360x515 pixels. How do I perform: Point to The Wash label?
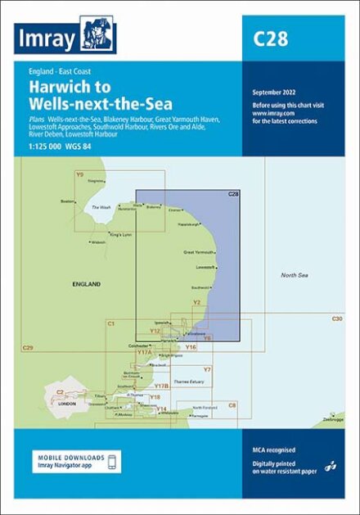coord(101,208)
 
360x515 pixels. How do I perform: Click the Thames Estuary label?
coord(178,382)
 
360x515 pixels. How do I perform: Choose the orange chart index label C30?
coord(336,318)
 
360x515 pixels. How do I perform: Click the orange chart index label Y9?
coord(79,174)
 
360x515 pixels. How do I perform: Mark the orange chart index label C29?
coord(28,350)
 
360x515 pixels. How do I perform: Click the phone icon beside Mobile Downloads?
coord(113,461)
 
